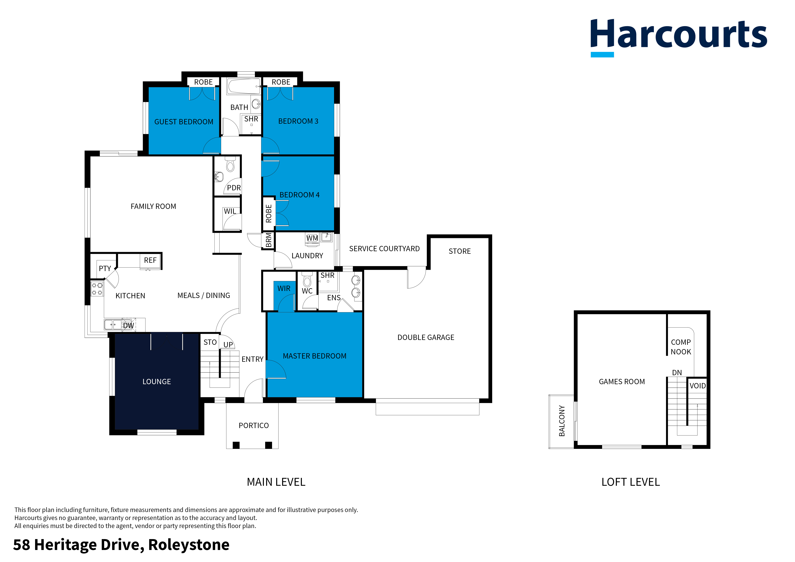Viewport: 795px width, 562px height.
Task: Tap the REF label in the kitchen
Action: click(150, 260)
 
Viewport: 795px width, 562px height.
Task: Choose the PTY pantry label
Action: click(105, 269)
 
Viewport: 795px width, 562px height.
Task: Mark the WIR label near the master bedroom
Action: click(284, 288)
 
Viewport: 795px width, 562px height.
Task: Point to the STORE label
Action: click(460, 251)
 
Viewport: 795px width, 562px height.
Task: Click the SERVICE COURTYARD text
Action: click(384, 249)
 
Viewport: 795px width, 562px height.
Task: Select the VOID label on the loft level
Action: click(697, 386)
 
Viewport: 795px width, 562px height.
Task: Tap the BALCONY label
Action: click(562, 421)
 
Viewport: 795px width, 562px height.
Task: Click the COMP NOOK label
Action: click(681, 347)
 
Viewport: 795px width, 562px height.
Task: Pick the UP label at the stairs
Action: click(228, 345)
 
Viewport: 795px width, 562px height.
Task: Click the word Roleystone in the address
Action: click(189, 545)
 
